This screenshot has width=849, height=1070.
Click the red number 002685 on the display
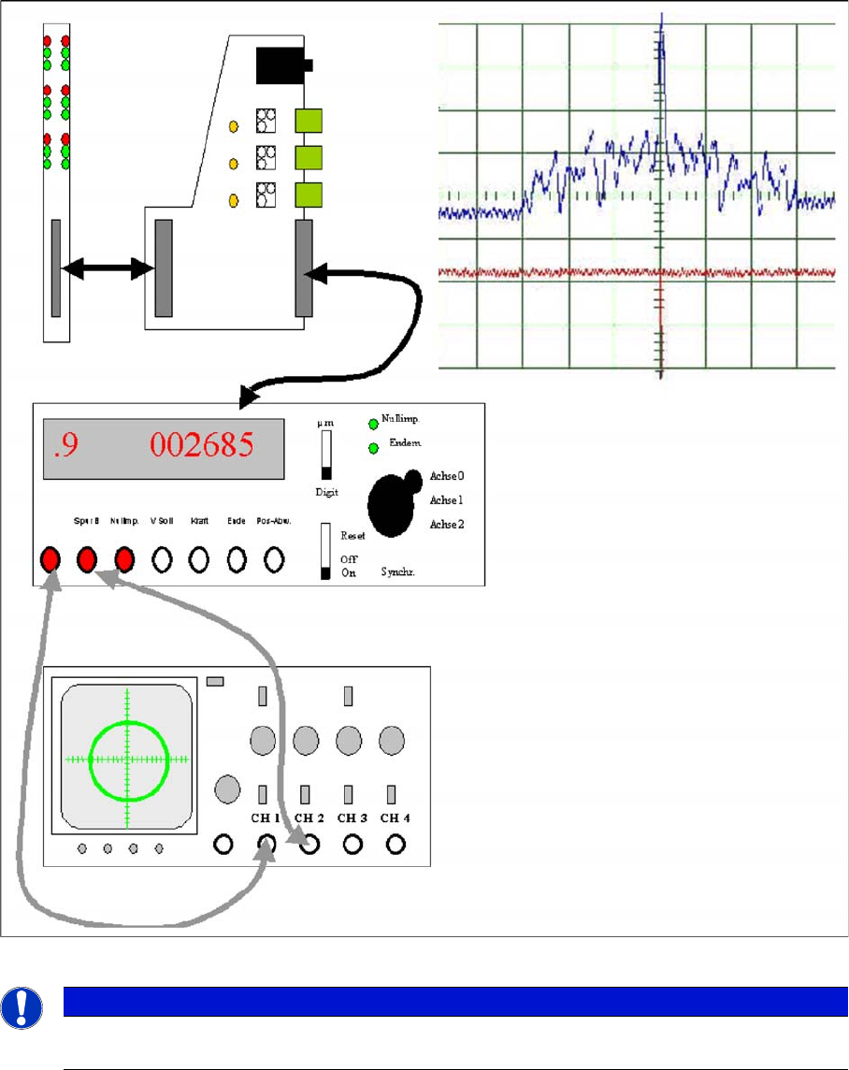coord(202,446)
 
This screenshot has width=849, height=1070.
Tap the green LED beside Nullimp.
coord(374,424)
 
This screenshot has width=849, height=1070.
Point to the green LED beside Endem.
coord(374,449)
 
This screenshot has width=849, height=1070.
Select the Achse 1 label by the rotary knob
coord(447,500)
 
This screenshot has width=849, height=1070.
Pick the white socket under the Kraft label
coord(198,559)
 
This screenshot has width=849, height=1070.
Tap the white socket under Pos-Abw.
coord(274,559)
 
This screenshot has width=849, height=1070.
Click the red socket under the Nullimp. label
coord(124,559)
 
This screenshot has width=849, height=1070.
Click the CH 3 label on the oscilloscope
coord(352,818)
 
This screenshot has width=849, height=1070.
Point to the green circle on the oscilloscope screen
coord(129,759)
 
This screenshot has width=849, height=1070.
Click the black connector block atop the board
coord(281,65)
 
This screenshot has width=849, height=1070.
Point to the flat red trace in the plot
coord(561,272)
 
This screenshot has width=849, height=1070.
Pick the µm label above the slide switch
coord(326,424)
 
